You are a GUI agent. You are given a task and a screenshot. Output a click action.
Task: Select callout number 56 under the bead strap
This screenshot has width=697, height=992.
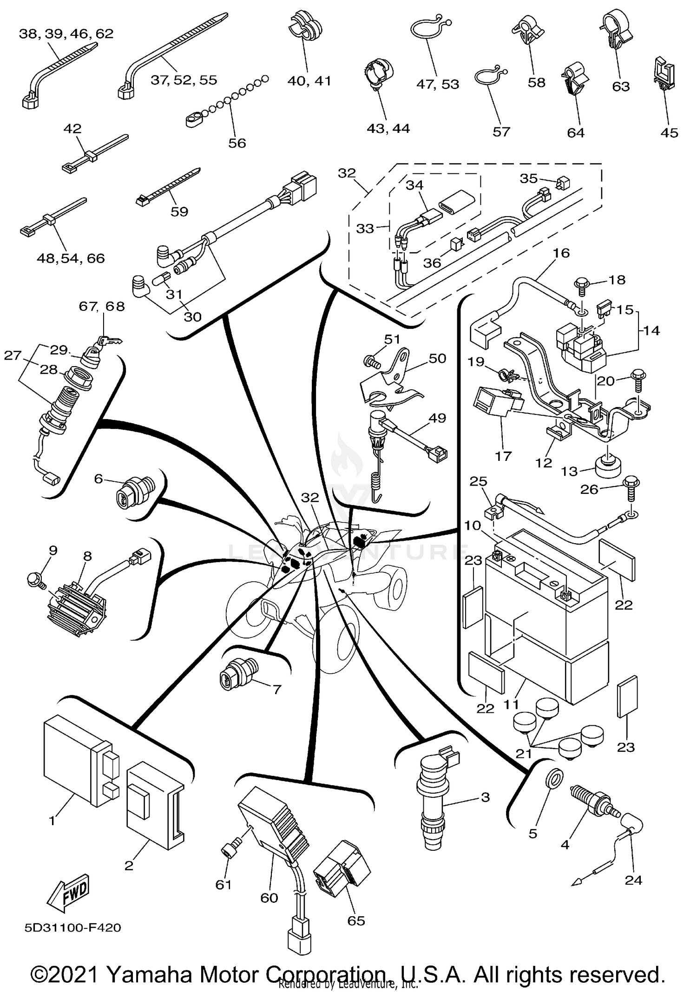(237, 143)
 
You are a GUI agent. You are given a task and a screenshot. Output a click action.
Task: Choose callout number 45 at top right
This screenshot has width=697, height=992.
(669, 133)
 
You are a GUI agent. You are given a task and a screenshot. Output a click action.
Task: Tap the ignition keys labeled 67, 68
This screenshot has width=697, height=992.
(111, 341)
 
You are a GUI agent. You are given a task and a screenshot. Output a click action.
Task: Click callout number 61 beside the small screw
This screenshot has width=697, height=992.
(224, 885)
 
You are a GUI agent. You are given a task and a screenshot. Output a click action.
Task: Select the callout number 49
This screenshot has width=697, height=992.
(437, 418)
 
